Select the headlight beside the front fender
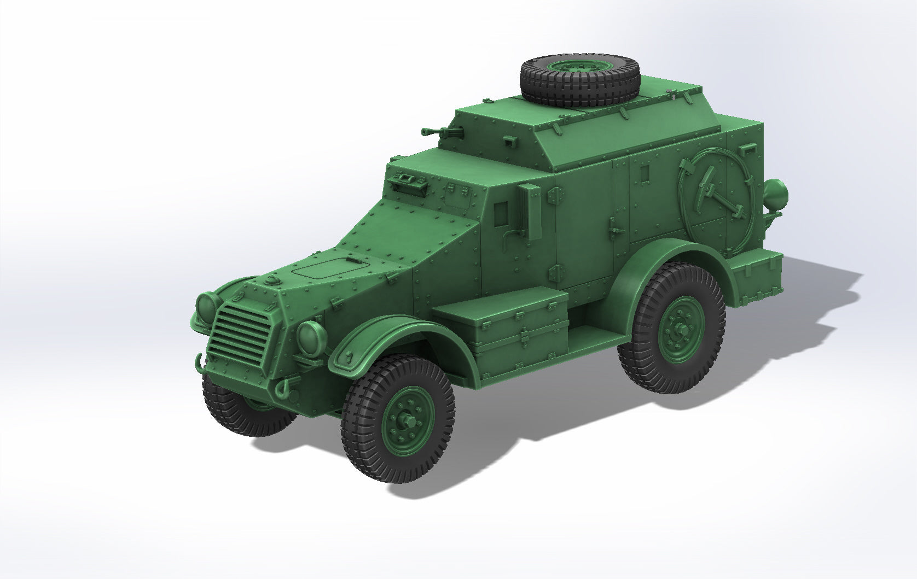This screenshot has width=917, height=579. pyautogui.click(x=311, y=337)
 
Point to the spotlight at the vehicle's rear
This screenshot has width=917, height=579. pyautogui.click(x=776, y=194)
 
